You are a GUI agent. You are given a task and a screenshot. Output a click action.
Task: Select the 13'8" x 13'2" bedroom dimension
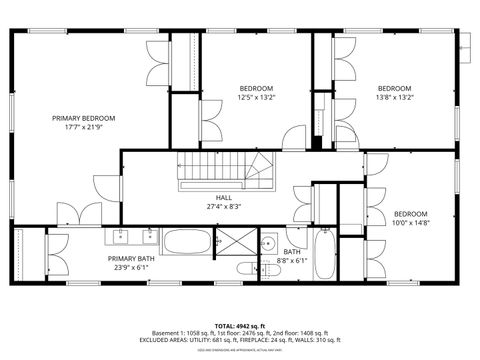coord(394,98)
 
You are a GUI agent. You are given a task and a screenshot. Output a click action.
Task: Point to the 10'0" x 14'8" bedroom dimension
coord(410,225)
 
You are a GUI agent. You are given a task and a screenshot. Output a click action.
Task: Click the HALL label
coord(210,197)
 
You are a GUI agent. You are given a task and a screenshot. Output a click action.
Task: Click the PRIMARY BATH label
coord(132,258)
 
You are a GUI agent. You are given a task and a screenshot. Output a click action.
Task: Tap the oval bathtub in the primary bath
coord(187,241)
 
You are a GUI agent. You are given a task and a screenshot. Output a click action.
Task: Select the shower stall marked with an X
coord(236,241)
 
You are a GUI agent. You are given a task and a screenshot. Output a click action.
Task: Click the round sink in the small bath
coord(268,242)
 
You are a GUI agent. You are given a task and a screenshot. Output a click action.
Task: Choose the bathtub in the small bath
coord(326,254)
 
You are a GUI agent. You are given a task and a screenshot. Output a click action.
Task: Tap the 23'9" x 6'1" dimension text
coord(132,267)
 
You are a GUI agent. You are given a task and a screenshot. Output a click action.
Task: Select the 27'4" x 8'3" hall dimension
coord(210,206)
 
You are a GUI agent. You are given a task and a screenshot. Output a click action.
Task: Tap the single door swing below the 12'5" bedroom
coord(294,139)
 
